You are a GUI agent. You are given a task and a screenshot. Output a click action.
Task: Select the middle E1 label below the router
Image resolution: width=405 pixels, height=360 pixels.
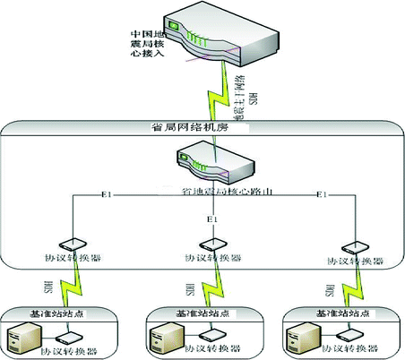click(x=212, y=219)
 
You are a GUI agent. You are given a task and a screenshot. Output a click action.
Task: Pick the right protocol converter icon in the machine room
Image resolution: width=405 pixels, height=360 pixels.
click(x=357, y=245)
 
